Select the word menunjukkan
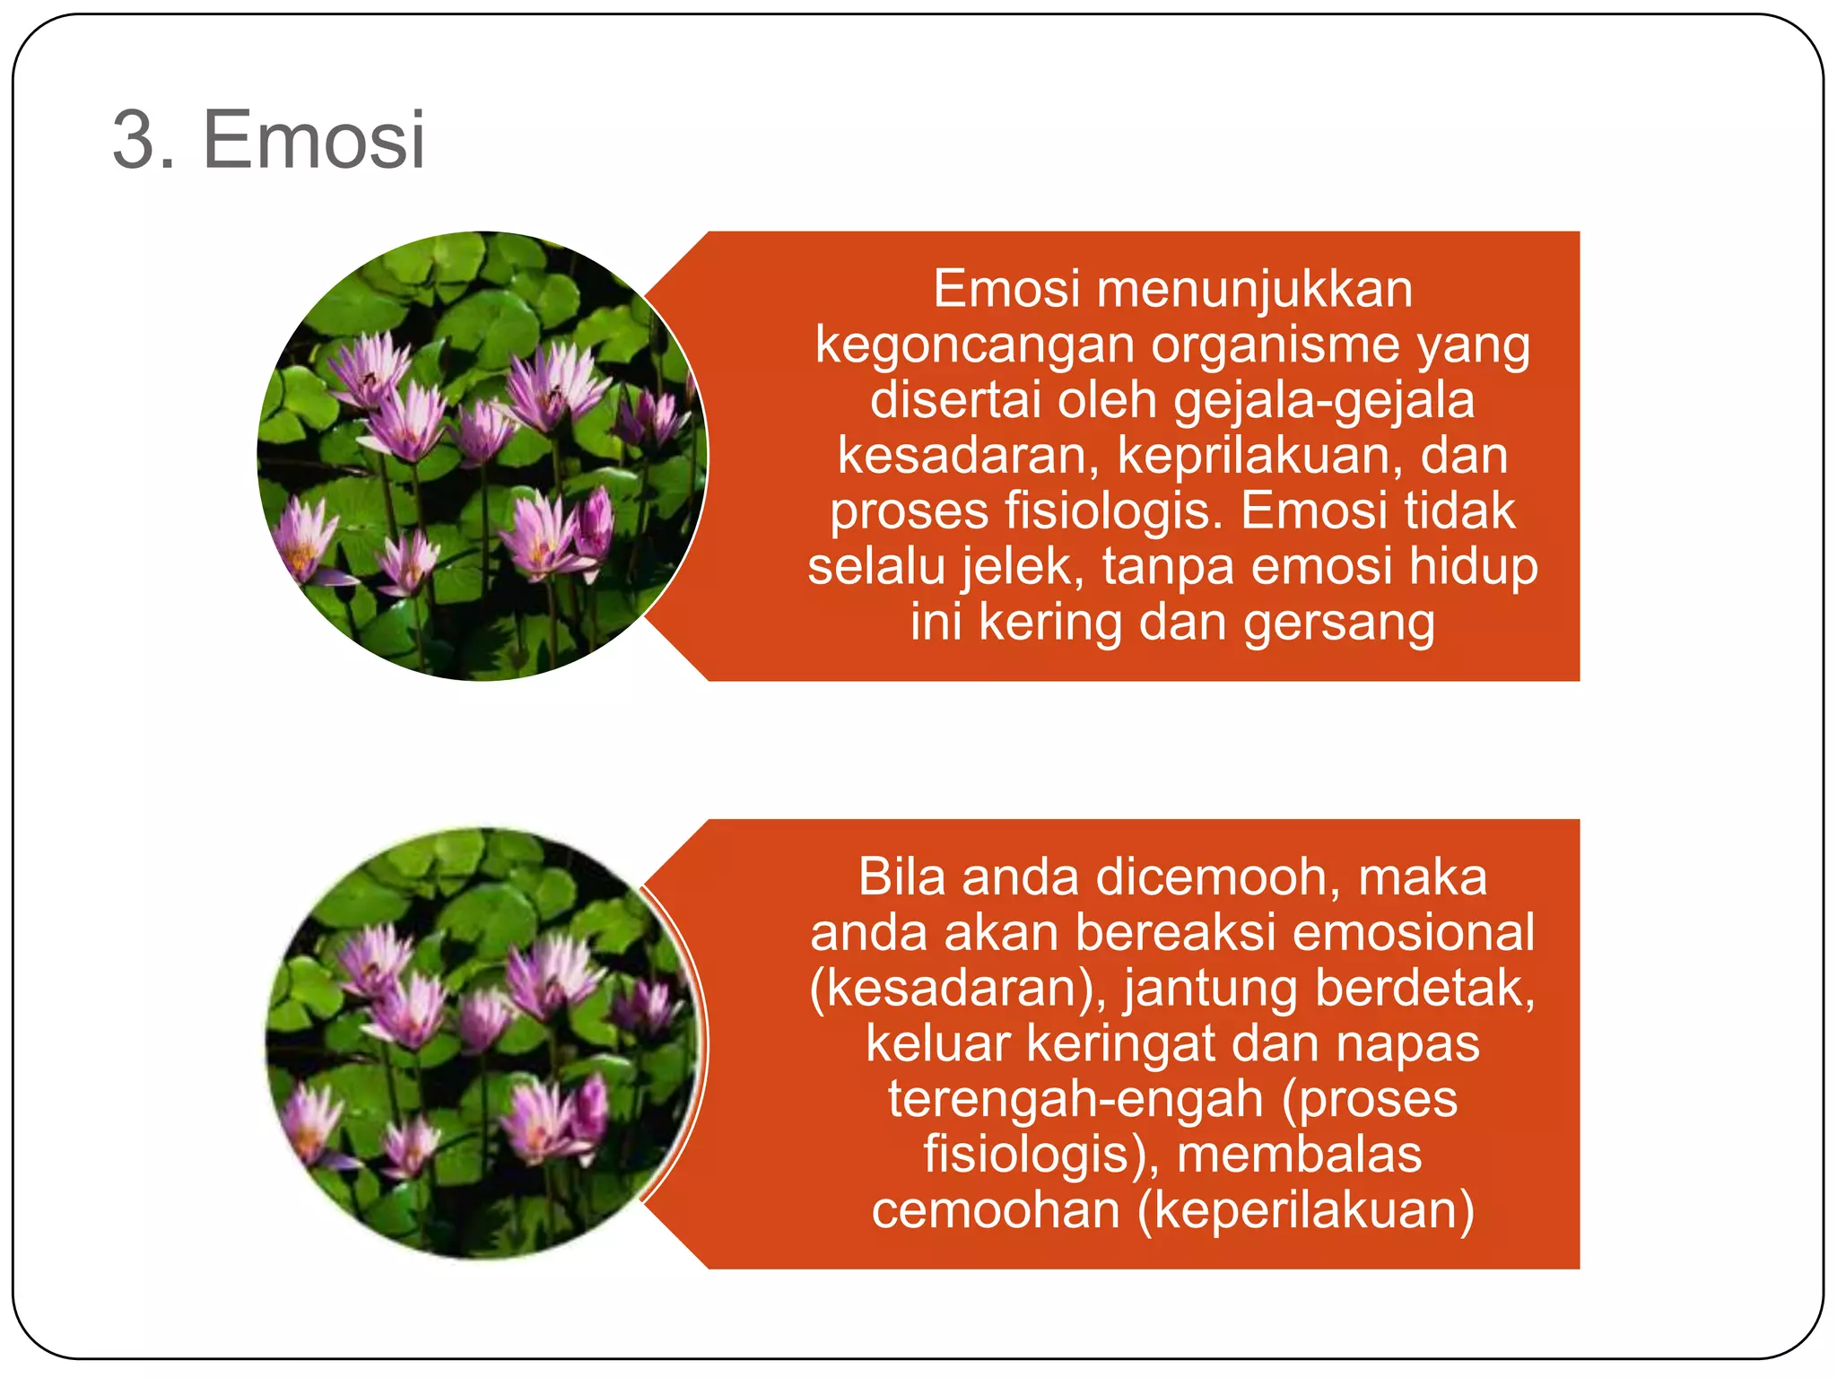click(1254, 290)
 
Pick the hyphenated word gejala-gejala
click(1324, 400)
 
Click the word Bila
click(901, 877)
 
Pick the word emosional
click(1414, 932)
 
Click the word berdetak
click(1424, 988)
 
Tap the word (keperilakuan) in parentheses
click(1305, 1210)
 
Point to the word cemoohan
click(996, 1210)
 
